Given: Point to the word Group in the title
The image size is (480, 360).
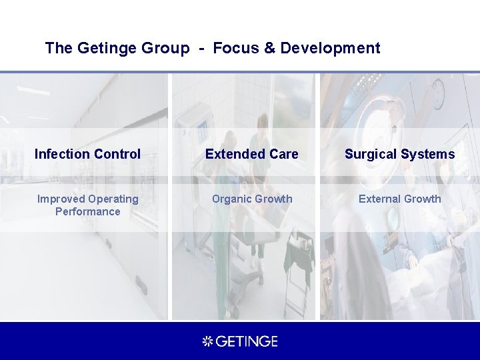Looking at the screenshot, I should (165, 48).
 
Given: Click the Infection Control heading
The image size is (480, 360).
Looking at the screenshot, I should (87, 154).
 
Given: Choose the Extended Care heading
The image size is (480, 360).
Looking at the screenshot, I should (251, 154).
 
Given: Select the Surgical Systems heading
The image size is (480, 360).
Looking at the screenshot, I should (399, 154).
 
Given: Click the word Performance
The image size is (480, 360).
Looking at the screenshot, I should (87, 211).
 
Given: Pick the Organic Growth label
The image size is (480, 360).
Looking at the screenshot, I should (251, 199).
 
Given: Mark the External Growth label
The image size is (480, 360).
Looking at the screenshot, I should (399, 199).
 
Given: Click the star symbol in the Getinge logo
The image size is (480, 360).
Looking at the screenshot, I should (207, 341).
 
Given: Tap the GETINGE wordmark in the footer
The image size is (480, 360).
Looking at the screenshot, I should (247, 341).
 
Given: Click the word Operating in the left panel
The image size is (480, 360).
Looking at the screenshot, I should (113, 199).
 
